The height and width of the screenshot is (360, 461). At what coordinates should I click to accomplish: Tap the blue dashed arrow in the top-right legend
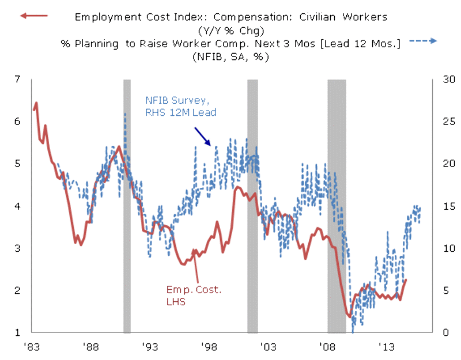click(424, 41)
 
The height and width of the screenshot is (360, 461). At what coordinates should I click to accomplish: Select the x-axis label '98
click(208, 347)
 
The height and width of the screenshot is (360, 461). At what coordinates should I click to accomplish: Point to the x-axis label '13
click(386, 347)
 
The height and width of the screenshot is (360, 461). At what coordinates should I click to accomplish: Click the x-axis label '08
click(327, 347)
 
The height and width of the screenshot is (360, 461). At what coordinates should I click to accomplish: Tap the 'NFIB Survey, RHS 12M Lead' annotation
click(180, 107)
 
